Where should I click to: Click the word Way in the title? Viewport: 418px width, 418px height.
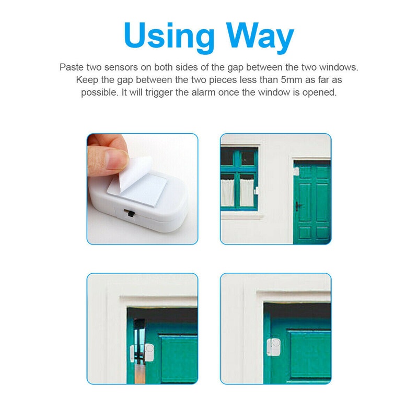point(260,37)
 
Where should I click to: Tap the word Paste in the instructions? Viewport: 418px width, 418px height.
point(72,67)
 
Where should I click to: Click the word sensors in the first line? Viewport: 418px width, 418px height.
point(121,67)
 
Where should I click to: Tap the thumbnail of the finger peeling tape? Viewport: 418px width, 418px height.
point(142,189)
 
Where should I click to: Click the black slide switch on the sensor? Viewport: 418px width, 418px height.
point(131,214)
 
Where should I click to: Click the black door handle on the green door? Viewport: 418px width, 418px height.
point(298,206)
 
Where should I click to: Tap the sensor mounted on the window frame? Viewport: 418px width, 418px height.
point(257,190)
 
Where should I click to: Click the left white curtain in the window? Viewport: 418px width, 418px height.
point(227,192)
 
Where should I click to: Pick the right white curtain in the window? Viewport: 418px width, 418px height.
point(247,192)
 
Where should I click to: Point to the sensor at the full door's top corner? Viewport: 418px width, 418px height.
point(296,171)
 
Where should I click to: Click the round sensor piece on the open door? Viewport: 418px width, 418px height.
point(149,352)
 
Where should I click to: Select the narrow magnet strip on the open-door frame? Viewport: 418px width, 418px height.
point(132,354)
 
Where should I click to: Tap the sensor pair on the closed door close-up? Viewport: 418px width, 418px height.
point(274,347)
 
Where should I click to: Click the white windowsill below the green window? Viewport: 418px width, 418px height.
point(241,215)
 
